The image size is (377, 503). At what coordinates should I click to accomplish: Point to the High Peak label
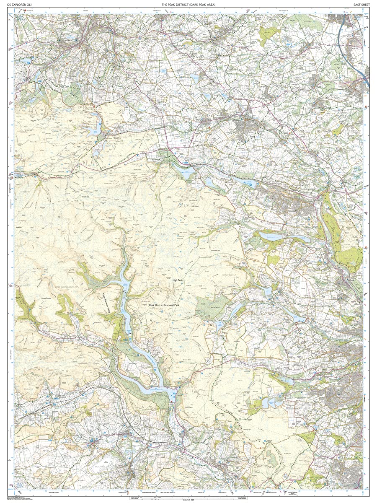click(x=178, y=281)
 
